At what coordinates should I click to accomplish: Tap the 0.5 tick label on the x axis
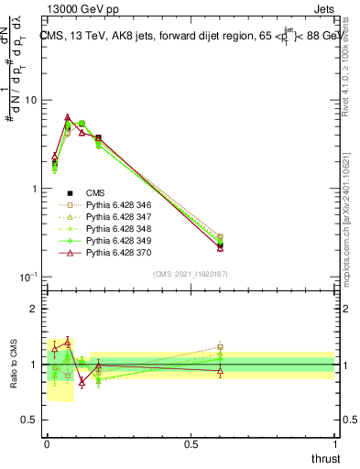point(191,443)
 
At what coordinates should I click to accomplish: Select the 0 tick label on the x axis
point(47,443)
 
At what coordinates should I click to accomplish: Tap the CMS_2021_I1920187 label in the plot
point(191,274)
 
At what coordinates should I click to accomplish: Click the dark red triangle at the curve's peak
point(68,117)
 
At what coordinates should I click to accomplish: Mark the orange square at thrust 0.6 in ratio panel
point(220,347)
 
